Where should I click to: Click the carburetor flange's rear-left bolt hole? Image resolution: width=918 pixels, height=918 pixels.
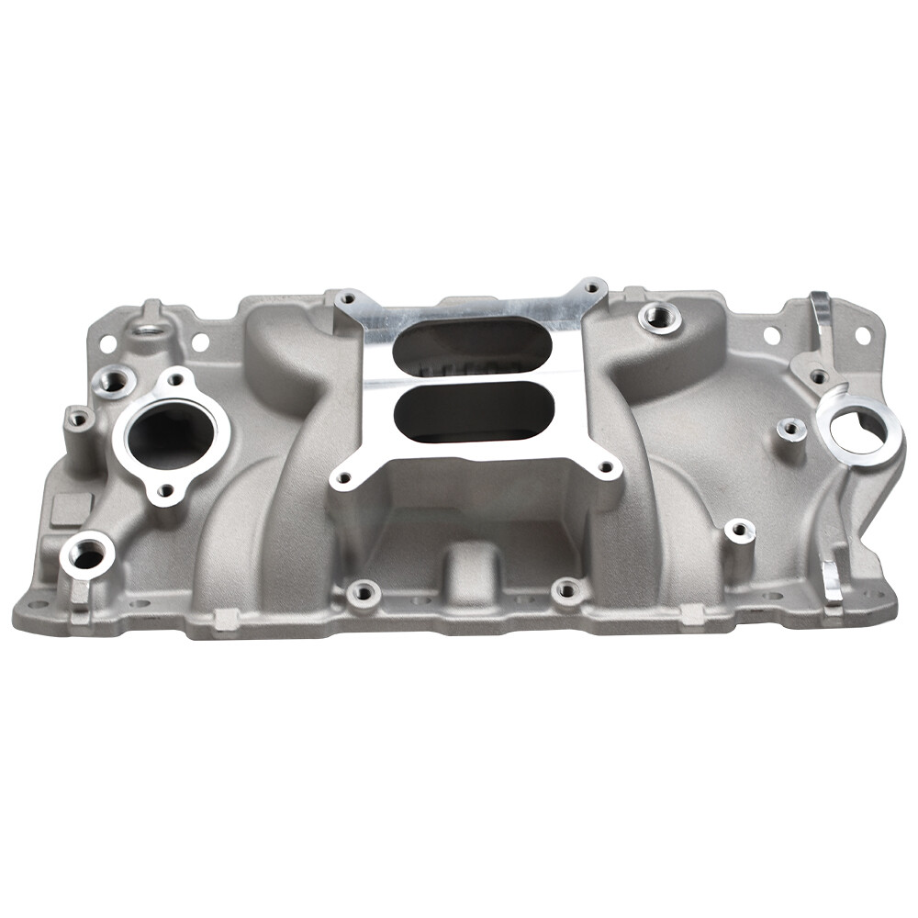346,298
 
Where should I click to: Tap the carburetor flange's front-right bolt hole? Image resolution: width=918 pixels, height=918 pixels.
606,468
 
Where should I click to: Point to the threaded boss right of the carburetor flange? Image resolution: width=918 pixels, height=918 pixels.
659,318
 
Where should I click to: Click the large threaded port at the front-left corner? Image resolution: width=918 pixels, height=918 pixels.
87,554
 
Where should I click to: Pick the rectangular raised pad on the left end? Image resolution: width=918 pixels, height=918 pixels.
72,509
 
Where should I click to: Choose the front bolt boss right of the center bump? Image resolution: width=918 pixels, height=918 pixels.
569,590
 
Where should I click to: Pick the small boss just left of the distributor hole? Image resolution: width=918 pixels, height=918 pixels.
790,429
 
